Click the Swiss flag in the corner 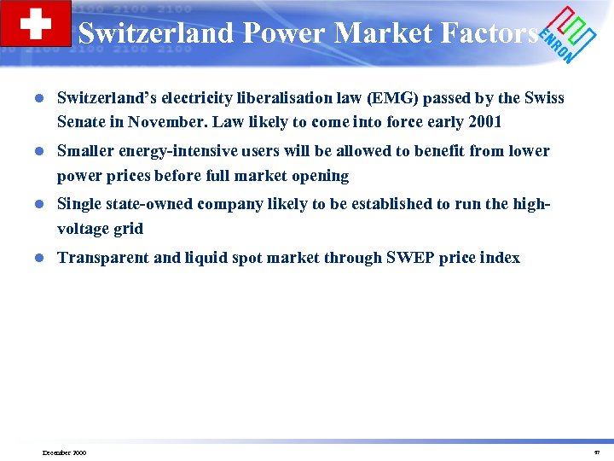(x=36, y=23)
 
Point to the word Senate (x=84, y=122)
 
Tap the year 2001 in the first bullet (x=484, y=122)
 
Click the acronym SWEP (x=403, y=258)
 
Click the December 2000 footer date (x=64, y=452)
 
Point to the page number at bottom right (x=596, y=452)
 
